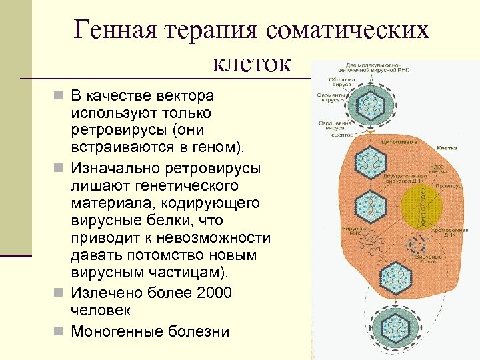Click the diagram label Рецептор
click(341, 135)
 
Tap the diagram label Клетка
click(446, 147)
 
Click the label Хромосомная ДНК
click(453, 233)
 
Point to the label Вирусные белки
click(426, 259)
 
